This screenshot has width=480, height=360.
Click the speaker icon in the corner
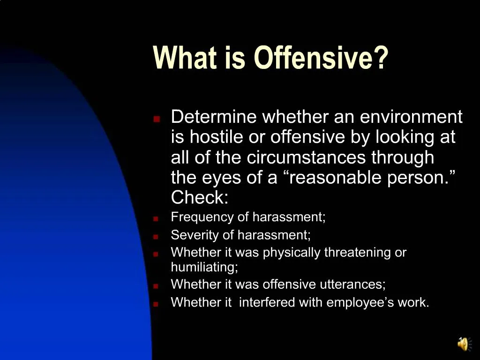point(462,344)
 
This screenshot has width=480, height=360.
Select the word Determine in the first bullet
point(214,116)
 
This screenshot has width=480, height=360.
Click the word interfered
point(267,302)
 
